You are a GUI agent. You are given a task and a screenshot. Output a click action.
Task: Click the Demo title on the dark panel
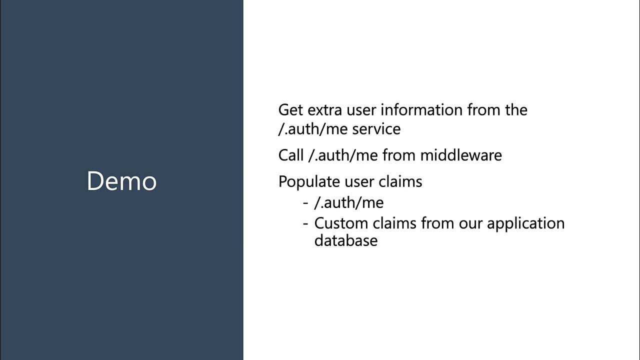click(x=121, y=181)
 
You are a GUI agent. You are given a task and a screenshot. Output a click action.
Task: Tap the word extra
click(x=325, y=110)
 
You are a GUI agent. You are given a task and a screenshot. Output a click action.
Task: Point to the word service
click(x=376, y=129)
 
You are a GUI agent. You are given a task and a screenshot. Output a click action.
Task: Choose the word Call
click(x=290, y=155)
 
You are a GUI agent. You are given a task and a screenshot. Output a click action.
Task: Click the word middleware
click(x=460, y=155)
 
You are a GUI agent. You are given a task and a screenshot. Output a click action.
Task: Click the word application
click(x=525, y=223)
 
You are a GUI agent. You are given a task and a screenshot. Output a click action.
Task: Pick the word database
click(x=345, y=240)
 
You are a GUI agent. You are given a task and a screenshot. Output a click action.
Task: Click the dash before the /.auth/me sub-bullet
click(x=305, y=203)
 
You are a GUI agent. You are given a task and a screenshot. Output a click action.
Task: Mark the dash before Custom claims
click(x=305, y=223)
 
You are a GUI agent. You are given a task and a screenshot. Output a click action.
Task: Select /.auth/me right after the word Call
click(x=343, y=155)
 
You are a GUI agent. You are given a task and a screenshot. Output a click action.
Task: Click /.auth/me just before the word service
click(x=313, y=129)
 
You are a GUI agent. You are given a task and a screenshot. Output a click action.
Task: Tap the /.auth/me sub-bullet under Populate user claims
click(x=348, y=202)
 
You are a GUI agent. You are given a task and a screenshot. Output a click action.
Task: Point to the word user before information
click(x=361, y=110)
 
